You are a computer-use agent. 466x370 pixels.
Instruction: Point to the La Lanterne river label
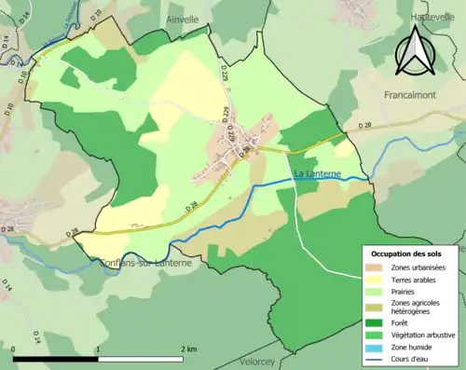(x=317, y=174)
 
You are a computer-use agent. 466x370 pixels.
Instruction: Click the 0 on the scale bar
(x=14, y=349)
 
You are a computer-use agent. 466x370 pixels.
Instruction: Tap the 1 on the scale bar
(x=99, y=349)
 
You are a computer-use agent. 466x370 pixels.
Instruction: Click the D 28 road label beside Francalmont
(x=365, y=124)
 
